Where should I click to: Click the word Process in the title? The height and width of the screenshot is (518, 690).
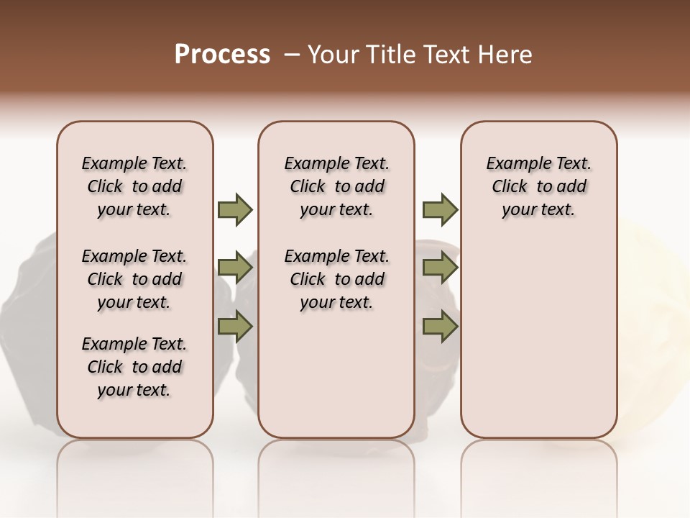[x=222, y=55]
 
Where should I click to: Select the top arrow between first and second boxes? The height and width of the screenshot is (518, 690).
[x=235, y=209]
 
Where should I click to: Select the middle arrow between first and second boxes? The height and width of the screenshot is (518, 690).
[x=235, y=268]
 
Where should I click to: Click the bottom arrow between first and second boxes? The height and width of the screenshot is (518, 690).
[x=235, y=326]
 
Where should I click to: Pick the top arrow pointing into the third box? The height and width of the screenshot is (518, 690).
[x=440, y=209]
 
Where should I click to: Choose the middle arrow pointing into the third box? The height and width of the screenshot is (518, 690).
[x=440, y=268]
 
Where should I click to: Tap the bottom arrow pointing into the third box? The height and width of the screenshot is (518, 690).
[x=440, y=326]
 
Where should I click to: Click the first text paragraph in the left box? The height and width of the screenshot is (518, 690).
[x=134, y=186]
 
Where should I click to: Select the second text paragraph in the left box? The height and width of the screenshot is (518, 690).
[x=134, y=279]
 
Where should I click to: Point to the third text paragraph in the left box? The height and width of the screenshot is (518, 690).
[x=134, y=367]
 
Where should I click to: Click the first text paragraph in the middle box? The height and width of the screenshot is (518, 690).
[x=336, y=186]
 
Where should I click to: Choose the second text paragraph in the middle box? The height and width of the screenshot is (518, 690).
[x=336, y=279]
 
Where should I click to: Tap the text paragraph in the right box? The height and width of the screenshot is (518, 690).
[x=538, y=186]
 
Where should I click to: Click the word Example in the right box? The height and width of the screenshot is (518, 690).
[x=515, y=164]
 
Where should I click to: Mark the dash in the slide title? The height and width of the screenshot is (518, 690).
[x=292, y=55]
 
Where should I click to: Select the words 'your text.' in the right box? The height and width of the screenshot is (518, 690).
[x=538, y=210]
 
